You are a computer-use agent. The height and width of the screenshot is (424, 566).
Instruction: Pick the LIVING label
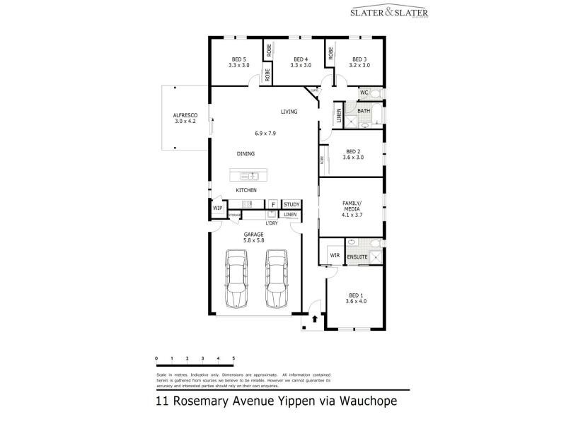[289, 112]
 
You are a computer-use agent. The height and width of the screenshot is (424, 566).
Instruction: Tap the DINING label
[246, 153]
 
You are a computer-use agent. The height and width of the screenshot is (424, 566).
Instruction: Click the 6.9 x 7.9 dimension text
[265, 134]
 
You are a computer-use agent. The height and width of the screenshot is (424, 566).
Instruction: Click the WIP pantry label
[218, 208]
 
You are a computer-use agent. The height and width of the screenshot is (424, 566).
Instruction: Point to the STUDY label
[291, 205]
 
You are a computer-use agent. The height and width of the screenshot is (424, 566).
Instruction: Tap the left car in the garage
[236, 277]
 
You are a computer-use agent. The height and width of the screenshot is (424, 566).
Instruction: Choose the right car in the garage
[276, 277]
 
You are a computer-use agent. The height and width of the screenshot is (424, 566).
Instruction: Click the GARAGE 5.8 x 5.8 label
[254, 237]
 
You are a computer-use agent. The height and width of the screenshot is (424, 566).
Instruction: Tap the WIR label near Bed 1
[335, 256]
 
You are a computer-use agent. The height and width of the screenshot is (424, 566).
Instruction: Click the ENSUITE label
[357, 257]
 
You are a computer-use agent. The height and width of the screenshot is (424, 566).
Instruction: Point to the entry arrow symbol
[314, 319]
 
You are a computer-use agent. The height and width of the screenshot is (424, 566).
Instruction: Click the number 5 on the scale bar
[233, 358]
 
